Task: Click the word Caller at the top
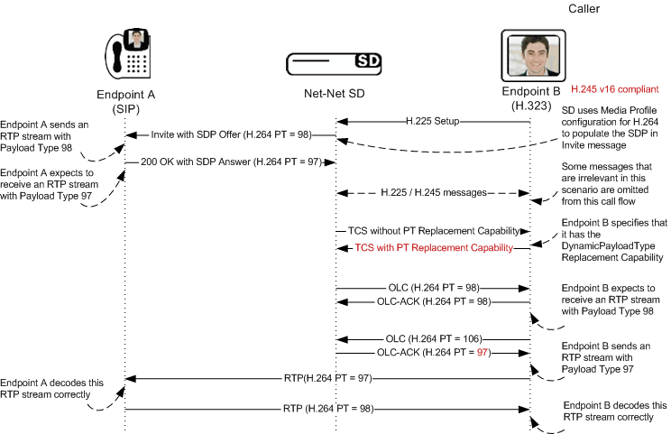584,9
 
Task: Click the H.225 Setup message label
433,120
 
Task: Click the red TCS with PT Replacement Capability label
433,247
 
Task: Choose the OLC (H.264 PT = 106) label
432,336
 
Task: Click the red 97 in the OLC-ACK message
481,352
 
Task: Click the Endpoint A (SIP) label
126,101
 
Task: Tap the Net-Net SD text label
335,94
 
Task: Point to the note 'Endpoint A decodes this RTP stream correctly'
51,388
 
